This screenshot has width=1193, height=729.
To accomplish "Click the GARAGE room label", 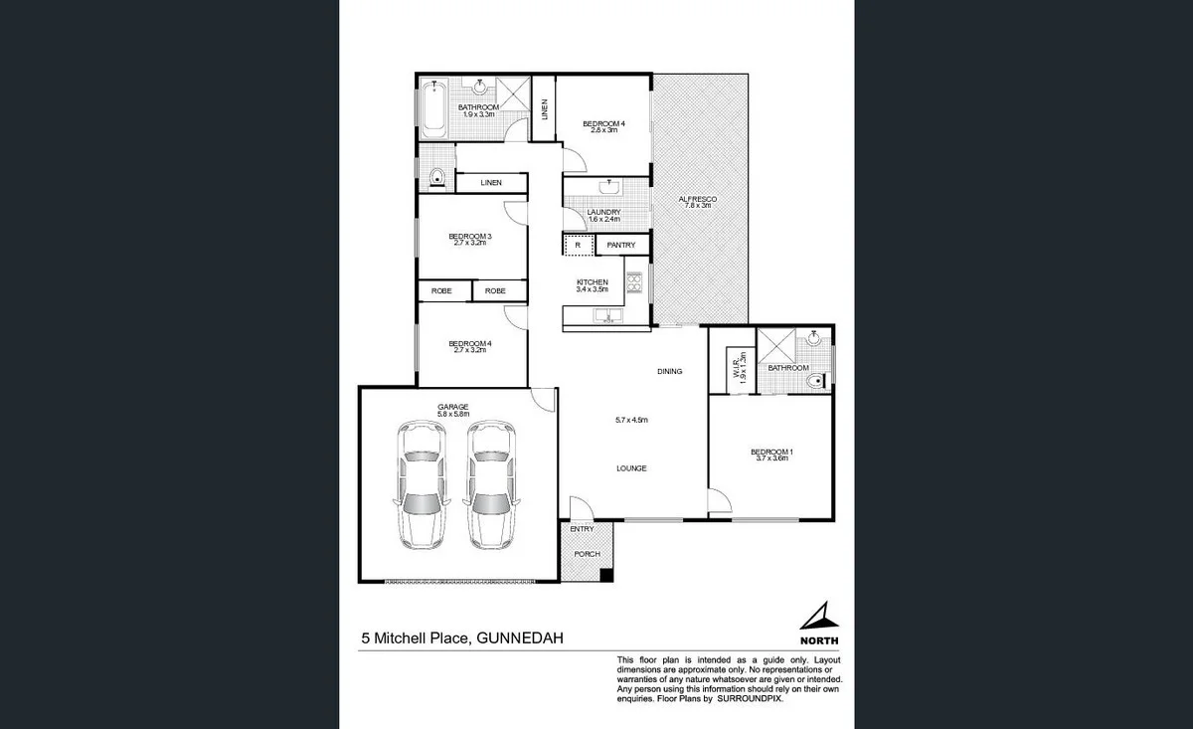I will (x=452, y=406).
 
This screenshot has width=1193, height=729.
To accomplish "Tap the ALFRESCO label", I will (x=697, y=200).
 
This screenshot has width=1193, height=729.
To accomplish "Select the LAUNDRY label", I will (x=603, y=212).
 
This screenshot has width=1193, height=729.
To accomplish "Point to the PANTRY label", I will (x=621, y=245).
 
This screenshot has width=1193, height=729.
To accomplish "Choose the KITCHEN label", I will (x=592, y=283).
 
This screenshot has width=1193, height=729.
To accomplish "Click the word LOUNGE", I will (x=632, y=467).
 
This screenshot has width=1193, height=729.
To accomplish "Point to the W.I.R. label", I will (x=737, y=369).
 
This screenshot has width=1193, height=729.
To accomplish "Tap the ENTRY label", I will (x=582, y=529).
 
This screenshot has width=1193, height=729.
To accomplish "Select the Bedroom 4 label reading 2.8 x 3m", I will (x=603, y=124).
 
